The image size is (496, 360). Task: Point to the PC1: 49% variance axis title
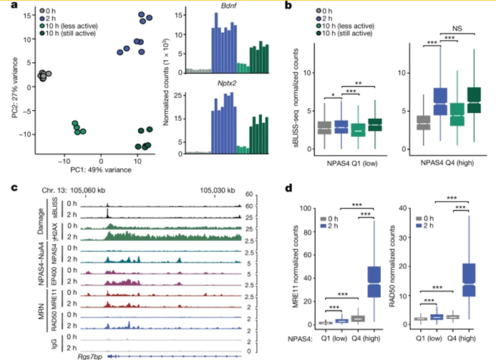(x=102, y=167)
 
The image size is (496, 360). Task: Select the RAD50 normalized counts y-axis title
(x=392, y=266)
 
